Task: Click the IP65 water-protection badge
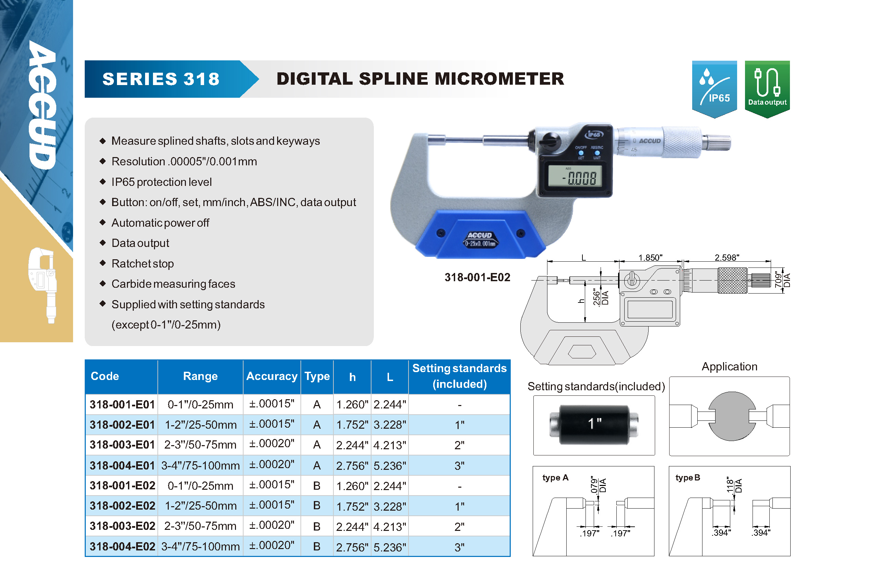(x=714, y=89)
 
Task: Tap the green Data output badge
(x=767, y=89)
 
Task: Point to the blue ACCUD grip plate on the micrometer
(x=480, y=235)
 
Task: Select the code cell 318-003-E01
(x=122, y=445)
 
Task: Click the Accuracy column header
(x=272, y=376)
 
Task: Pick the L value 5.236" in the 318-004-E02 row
(x=390, y=547)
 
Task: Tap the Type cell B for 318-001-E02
(x=317, y=486)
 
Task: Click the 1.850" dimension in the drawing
(x=650, y=257)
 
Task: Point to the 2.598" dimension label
(x=727, y=257)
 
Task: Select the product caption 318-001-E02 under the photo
(x=477, y=277)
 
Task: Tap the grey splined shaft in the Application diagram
(x=732, y=416)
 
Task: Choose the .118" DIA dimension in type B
(x=734, y=485)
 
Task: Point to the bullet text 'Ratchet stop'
(x=143, y=264)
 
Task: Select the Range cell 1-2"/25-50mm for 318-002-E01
(x=201, y=425)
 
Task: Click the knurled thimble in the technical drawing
(x=732, y=280)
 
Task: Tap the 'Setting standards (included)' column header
(x=459, y=376)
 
